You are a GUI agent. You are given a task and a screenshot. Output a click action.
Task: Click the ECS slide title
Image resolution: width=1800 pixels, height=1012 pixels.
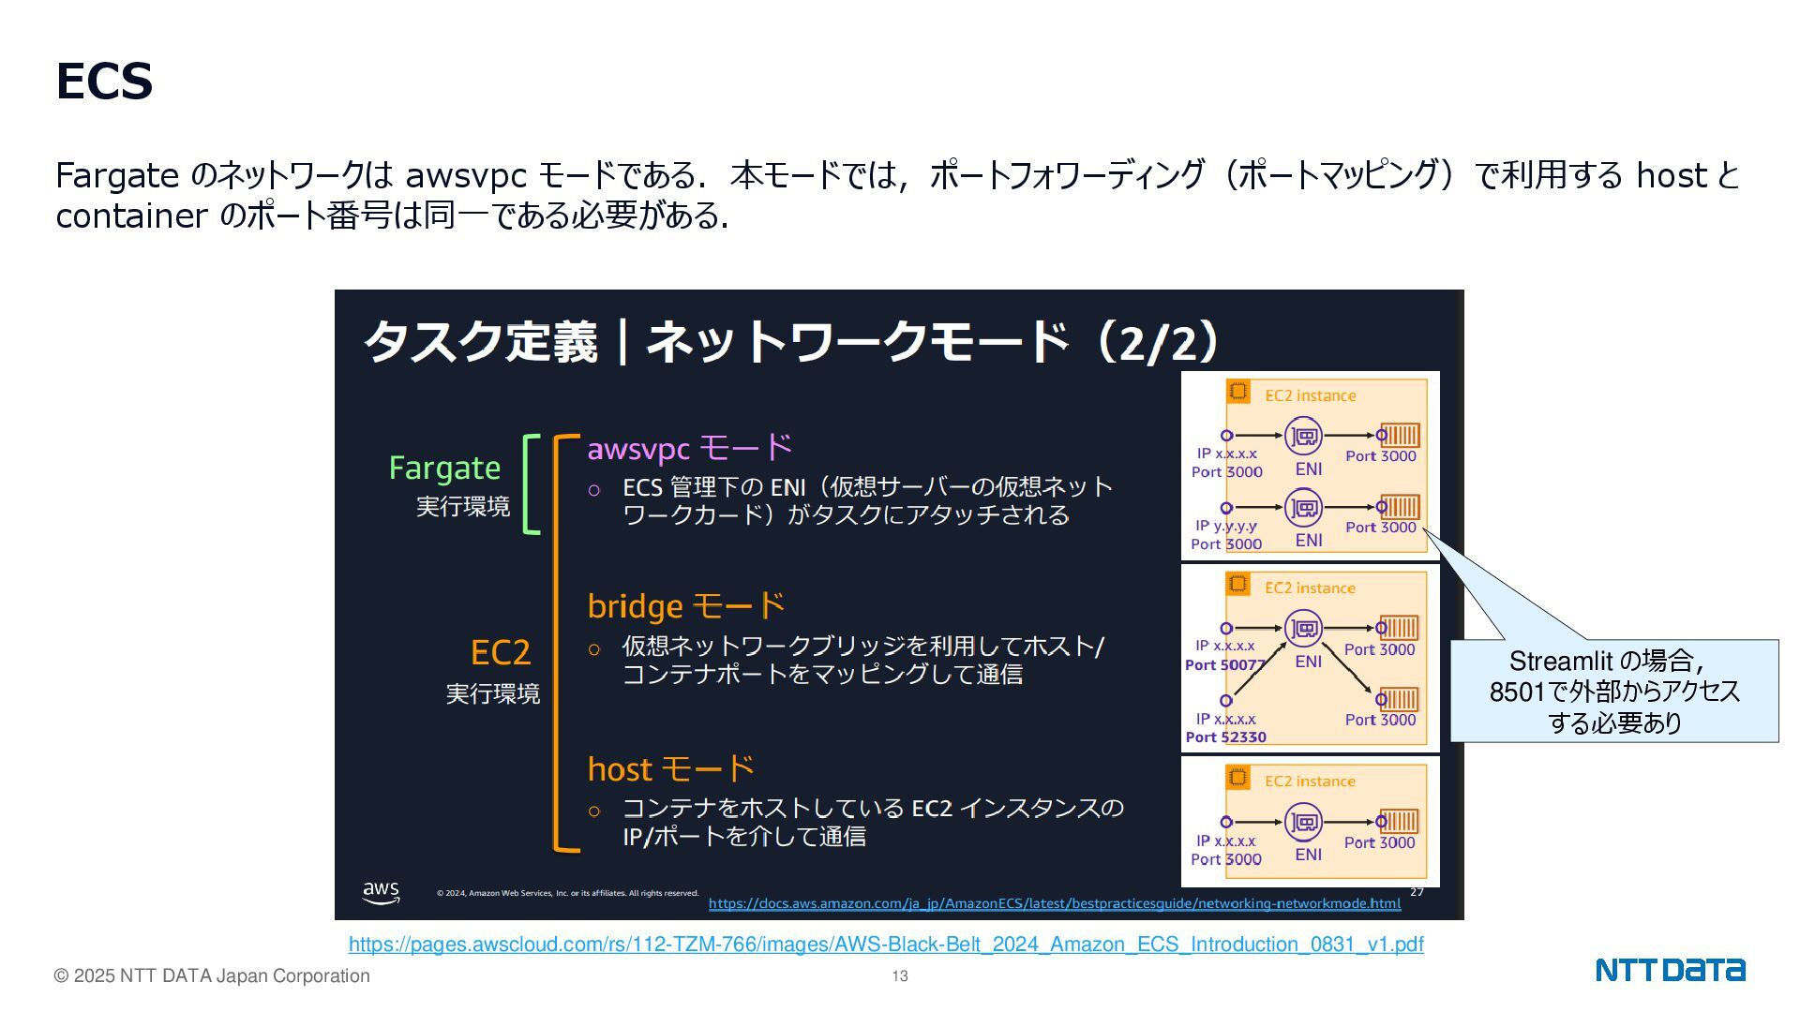coord(104,82)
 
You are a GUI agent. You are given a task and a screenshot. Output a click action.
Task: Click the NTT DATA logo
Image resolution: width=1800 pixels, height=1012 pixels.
coord(1670,970)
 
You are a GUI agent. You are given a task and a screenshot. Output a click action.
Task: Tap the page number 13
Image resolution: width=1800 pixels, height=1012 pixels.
coord(900,976)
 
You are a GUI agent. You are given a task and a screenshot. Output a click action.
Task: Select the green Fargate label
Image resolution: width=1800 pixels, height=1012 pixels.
coord(444,468)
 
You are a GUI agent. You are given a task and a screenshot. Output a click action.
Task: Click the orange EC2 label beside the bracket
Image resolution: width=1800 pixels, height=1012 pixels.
coord(500,652)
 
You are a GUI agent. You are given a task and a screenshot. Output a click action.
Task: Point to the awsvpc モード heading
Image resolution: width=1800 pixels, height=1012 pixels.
coord(689,448)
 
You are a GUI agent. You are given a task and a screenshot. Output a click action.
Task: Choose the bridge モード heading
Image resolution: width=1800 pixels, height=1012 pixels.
coord(686,606)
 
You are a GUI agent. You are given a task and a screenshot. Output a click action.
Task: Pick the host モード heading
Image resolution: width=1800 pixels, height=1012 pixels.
coord(670,769)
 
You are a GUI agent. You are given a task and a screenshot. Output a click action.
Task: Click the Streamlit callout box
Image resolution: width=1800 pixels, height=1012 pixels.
coord(1613,692)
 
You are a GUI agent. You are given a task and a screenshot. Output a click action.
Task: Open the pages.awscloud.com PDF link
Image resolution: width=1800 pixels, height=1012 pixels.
coord(886,945)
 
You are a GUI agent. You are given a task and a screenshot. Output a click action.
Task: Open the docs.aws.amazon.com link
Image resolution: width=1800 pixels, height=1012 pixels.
coord(1054,903)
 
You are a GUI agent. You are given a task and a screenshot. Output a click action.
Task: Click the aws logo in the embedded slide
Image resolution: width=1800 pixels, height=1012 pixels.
coord(381,891)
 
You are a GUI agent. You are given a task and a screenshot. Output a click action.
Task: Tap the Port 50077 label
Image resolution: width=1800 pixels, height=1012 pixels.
coord(1224,664)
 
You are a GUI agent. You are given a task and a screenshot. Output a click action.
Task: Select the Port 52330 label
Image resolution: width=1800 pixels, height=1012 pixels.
coord(1225,737)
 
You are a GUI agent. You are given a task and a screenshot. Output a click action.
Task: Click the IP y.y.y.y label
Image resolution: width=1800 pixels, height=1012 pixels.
coord(1225,526)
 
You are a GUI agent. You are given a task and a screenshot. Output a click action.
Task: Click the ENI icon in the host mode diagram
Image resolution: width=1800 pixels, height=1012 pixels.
coord(1303,823)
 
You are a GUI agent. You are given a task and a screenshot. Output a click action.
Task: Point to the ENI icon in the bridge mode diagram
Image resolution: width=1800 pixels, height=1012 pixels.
coord(1303,629)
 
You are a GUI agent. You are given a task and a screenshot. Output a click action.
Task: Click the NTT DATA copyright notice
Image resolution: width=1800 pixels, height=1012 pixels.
coord(212,976)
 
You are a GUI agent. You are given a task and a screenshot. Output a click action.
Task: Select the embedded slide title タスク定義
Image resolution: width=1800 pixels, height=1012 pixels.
coord(480,341)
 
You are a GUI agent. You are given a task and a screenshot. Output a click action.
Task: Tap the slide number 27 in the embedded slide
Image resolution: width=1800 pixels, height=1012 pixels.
coord(1417,892)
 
